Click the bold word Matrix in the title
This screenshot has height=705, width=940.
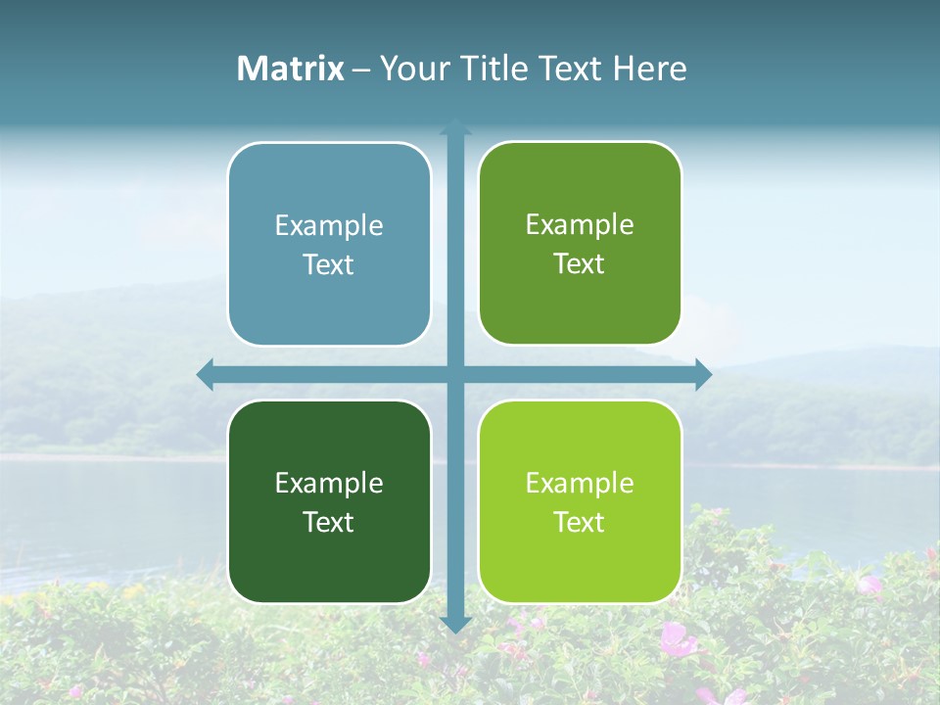point(291,69)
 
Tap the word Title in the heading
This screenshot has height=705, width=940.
point(492,69)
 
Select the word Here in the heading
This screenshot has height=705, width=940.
point(649,69)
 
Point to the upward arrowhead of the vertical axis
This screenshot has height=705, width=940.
point(455,126)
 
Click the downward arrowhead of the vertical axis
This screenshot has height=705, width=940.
point(455,624)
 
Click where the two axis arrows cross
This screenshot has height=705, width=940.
point(455,375)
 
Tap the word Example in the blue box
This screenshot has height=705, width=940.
point(329,226)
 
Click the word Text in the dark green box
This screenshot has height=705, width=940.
point(329,522)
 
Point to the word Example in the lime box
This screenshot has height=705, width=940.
point(580,483)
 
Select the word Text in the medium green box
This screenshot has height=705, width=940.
point(580,264)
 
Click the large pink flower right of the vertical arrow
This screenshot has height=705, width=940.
point(676,641)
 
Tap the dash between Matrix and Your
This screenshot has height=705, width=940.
point(361,69)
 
